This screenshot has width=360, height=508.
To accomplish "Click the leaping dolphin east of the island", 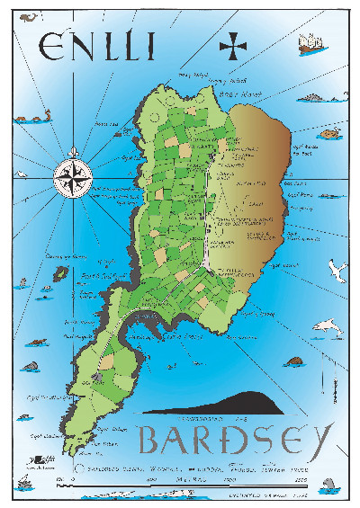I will coord(327,328).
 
